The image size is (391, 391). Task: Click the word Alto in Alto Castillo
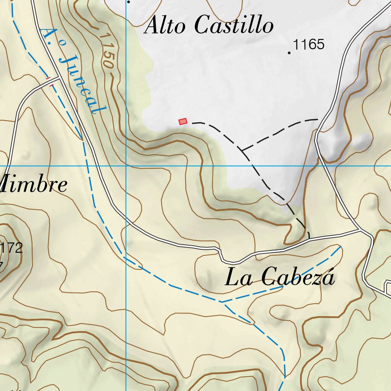coord(165,26)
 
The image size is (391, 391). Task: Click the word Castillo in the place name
coord(234,26)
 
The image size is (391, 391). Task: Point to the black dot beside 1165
coord(289,53)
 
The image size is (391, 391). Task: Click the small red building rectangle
coord(183,121)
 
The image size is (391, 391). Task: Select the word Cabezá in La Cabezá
coord(298,277)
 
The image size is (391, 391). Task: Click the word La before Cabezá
coord(239,278)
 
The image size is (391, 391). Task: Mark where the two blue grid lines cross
coord(126,166)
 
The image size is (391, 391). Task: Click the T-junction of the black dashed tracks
coord(242,150)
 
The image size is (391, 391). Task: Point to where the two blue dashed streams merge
coord(221,302)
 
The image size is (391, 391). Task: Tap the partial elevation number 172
coord(11,249)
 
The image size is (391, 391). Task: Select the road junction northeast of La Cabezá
coord(360,230)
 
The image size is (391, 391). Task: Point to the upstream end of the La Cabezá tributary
coord(341,247)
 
